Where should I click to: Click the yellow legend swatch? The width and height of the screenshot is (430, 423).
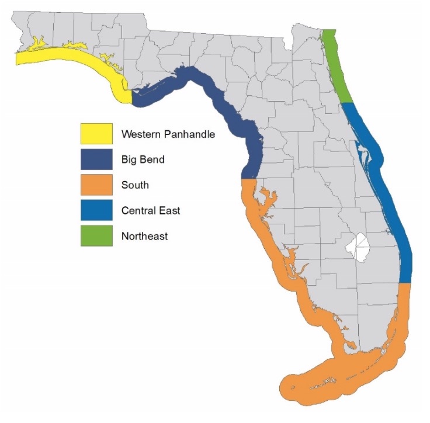(x=96, y=134)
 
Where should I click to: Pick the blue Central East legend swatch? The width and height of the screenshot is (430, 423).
(x=96, y=211)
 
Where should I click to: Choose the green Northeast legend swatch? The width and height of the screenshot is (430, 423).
(x=96, y=237)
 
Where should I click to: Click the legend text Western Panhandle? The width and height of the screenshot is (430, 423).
(x=168, y=134)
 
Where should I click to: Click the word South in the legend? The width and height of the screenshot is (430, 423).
(x=135, y=186)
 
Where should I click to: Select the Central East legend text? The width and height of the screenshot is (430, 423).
(x=151, y=211)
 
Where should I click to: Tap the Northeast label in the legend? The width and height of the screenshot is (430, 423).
(x=144, y=237)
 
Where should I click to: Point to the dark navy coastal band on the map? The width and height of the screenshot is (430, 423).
(x=222, y=99)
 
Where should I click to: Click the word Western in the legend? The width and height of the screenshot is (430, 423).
(x=140, y=134)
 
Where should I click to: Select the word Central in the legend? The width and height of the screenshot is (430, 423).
(x=139, y=211)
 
